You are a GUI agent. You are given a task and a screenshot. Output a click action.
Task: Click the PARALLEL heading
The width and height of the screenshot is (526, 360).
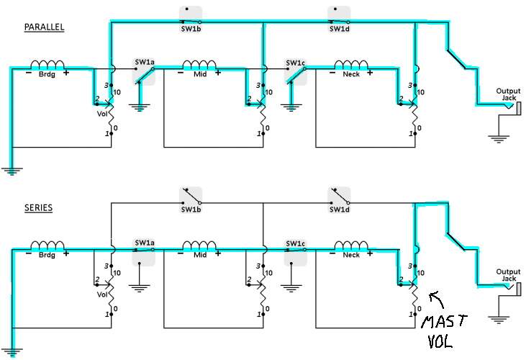click(x=44, y=27)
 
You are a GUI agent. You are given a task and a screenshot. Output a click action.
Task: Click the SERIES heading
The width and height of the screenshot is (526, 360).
click(x=38, y=207)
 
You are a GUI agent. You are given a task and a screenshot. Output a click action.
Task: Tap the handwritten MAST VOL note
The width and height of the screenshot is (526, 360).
click(x=443, y=330)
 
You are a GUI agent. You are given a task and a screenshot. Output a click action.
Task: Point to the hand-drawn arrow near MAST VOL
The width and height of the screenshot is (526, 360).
click(x=437, y=299)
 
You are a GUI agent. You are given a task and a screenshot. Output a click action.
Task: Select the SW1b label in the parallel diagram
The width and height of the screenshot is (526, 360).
click(x=191, y=29)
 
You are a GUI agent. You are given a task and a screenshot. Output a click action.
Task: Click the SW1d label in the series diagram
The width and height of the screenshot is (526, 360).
click(x=339, y=210)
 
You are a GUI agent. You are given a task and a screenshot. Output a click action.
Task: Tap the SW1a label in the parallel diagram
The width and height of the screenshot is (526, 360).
click(x=145, y=62)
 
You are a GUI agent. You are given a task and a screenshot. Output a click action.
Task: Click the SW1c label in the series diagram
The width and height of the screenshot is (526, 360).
click(x=296, y=243)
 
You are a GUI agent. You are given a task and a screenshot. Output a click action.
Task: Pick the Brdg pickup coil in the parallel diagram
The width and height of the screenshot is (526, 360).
click(x=47, y=64)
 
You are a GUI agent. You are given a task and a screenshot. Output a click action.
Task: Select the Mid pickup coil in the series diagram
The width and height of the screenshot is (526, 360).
click(x=199, y=246)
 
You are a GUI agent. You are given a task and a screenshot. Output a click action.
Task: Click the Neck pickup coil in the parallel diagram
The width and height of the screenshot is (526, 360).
click(x=351, y=64)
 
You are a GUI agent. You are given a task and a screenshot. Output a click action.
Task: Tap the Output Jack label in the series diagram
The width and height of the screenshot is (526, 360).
click(x=508, y=275)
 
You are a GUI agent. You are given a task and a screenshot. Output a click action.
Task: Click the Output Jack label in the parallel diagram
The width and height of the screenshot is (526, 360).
click(x=508, y=94)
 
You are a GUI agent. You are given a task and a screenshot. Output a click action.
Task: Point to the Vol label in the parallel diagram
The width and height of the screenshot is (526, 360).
click(x=102, y=114)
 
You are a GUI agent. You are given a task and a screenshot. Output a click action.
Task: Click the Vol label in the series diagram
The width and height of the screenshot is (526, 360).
click(x=102, y=294)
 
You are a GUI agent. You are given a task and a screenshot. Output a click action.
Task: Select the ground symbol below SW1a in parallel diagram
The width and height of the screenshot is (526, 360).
click(x=139, y=107)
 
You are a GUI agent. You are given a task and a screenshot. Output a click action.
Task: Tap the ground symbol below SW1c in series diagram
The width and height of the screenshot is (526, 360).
click(x=291, y=288)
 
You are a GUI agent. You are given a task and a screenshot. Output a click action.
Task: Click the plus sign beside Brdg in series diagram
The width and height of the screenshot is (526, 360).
click(x=66, y=253)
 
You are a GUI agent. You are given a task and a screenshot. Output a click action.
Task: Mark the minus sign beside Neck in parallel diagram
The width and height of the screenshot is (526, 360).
click(x=332, y=73)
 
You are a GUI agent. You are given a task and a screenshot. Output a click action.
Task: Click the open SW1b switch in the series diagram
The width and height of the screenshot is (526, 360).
click(x=191, y=197)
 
